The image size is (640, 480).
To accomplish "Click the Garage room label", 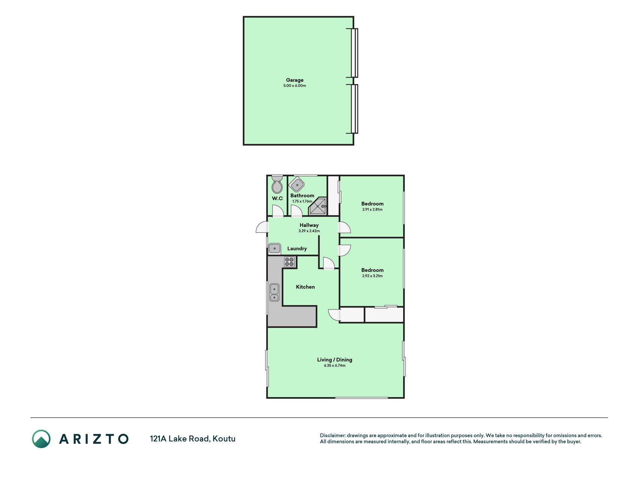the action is [295, 80].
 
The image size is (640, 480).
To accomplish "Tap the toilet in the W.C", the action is [277, 184].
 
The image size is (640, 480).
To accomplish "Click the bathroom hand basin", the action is [297, 184].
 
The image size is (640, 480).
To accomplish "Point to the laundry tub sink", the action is [275, 248].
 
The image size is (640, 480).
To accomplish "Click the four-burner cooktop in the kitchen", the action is [289, 262].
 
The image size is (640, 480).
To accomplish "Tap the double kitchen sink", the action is [274, 292].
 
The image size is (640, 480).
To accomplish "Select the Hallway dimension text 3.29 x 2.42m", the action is [309, 231].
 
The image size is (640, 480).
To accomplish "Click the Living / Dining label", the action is [334, 360].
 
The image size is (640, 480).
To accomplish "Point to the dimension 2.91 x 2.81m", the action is [372, 210].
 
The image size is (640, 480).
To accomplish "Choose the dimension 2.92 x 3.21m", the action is [372, 276].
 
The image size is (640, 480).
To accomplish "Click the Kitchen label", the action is [305, 287].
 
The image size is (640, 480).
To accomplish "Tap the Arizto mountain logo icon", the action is [41, 439].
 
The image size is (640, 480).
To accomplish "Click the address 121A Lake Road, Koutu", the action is [193, 439].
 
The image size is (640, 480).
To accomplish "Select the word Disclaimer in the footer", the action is [332, 435].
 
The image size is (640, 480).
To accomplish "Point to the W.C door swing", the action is [278, 211].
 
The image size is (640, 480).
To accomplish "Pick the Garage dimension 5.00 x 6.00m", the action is [295, 86].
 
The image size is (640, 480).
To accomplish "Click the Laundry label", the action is [297, 249].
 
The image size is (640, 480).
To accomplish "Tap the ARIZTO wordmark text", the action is [94, 439].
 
